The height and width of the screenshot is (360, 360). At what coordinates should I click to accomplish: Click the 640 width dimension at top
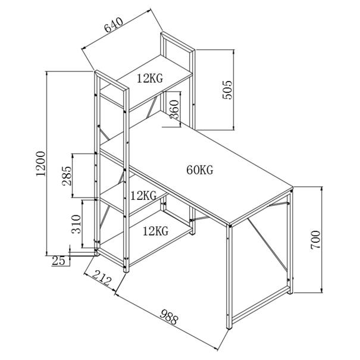tap(114, 25)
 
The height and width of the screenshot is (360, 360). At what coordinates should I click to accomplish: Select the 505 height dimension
tap(227, 90)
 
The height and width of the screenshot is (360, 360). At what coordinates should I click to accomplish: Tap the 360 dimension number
tap(174, 109)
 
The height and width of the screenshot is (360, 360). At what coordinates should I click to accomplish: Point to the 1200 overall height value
tap(41, 164)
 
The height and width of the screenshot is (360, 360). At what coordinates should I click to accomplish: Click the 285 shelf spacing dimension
tap(67, 176)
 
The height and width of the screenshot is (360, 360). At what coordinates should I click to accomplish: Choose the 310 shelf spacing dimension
tap(76, 224)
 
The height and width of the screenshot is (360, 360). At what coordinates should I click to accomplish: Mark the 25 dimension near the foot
tap(58, 261)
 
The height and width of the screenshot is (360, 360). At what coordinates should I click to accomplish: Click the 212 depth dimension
tap(102, 277)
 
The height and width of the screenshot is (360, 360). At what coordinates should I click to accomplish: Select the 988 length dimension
tap(169, 317)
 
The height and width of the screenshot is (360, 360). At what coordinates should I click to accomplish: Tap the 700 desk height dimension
tap(315, 240)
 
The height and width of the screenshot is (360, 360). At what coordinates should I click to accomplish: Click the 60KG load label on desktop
tap(200, 170)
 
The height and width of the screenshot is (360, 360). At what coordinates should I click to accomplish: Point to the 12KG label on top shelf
tap(150, 78)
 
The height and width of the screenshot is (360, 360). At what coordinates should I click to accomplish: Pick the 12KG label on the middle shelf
tap(143, 196)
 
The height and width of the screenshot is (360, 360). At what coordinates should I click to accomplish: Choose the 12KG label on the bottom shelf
tap(156, 231)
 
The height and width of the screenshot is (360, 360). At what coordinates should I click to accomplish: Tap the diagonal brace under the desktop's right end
tap(267, 244)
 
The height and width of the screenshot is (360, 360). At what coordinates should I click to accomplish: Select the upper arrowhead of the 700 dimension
tap(322, 189)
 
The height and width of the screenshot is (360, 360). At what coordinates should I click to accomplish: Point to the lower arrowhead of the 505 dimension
tap(233, 127)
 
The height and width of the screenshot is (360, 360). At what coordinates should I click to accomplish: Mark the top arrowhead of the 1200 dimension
tap(47, 74)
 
